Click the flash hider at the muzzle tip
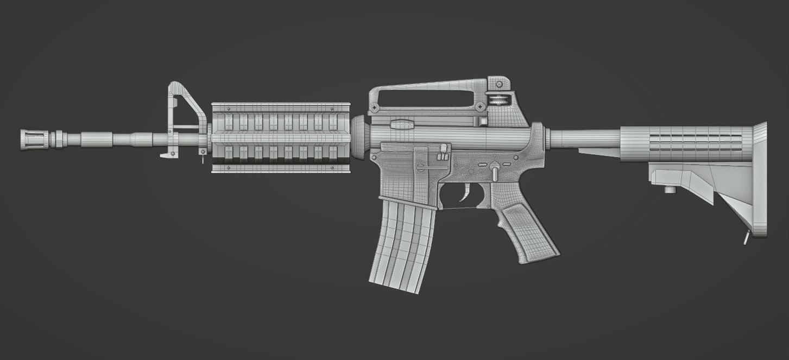click(34, 140)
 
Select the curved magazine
click(403, 244)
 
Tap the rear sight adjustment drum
click(498, 100)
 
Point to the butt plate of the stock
click(760, 179)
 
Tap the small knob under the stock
click(670, 190)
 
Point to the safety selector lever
click(495, 170)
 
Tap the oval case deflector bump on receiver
click(402, 124)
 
